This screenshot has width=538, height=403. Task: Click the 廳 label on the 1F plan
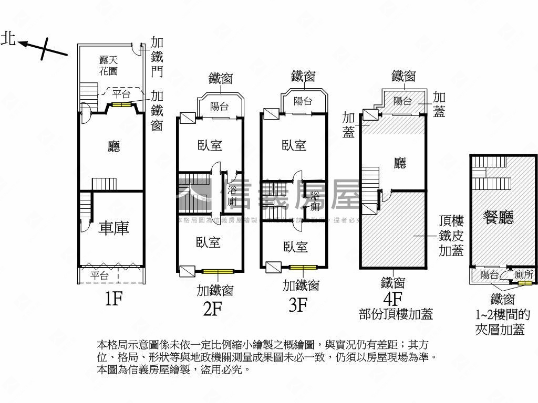click(113, 146)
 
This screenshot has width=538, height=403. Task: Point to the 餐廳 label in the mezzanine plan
click(499, 217)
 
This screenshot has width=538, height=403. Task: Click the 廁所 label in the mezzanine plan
click(524, 274)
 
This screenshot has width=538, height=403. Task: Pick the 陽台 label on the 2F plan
click(220, 106)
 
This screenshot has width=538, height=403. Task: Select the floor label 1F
click(113, 299)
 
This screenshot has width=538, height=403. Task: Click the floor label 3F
click(298, 305)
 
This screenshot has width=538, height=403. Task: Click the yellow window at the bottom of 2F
click(218, 271)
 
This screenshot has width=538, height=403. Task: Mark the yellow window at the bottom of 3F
click(304, 268)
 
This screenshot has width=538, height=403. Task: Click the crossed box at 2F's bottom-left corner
click(187, 271)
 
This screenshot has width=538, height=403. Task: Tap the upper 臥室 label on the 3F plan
click(294, 145)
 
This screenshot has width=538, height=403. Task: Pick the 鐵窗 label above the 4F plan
click(403, 77)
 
